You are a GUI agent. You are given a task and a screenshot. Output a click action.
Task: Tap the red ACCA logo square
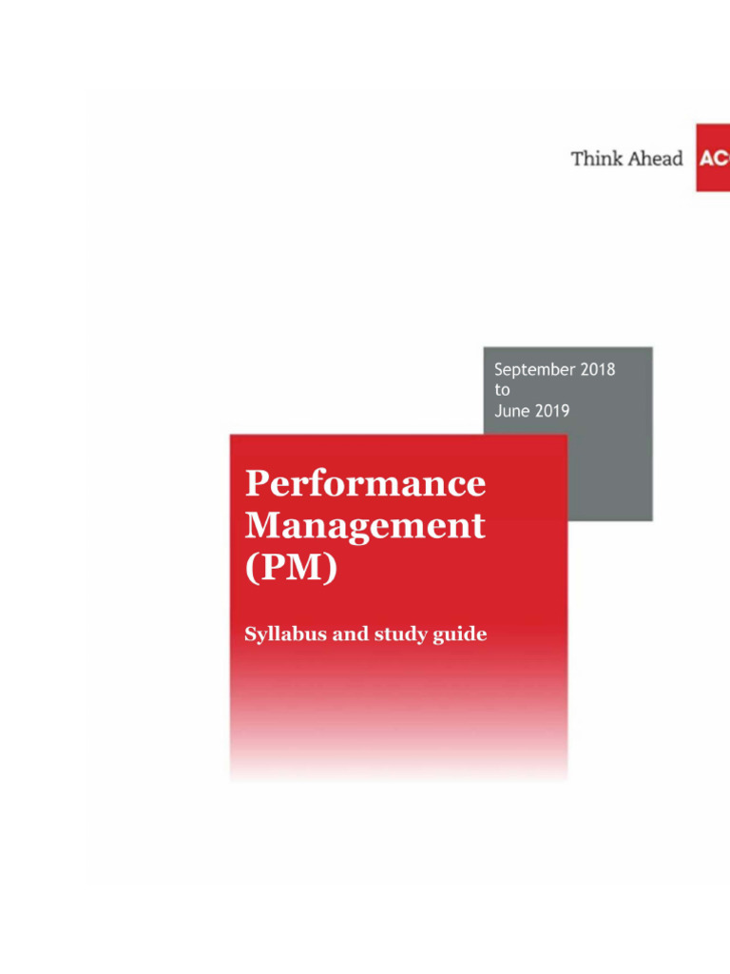click(x=713, y=158)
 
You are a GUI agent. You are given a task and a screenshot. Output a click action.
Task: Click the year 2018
click(x=597, y=370)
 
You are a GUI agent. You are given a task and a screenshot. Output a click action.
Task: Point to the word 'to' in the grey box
click(x=502, y=390)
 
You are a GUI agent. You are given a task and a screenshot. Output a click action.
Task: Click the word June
click(x=512, y=410)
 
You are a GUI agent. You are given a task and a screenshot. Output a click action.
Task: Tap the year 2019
click(x=552, y=410)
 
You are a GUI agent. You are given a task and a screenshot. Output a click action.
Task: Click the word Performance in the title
click(x=365, y=484)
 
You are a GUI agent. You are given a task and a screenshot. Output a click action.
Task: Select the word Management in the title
click(x=365, y=526)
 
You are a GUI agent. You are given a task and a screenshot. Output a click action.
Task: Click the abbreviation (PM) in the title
click(x=291, y=569)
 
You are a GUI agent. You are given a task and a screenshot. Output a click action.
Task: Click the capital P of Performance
click(x=256, y=483)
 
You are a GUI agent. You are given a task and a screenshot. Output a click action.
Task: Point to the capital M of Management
click(x=261, y=525)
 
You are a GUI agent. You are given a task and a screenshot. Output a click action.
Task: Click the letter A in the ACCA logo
click(x=707, y=159)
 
